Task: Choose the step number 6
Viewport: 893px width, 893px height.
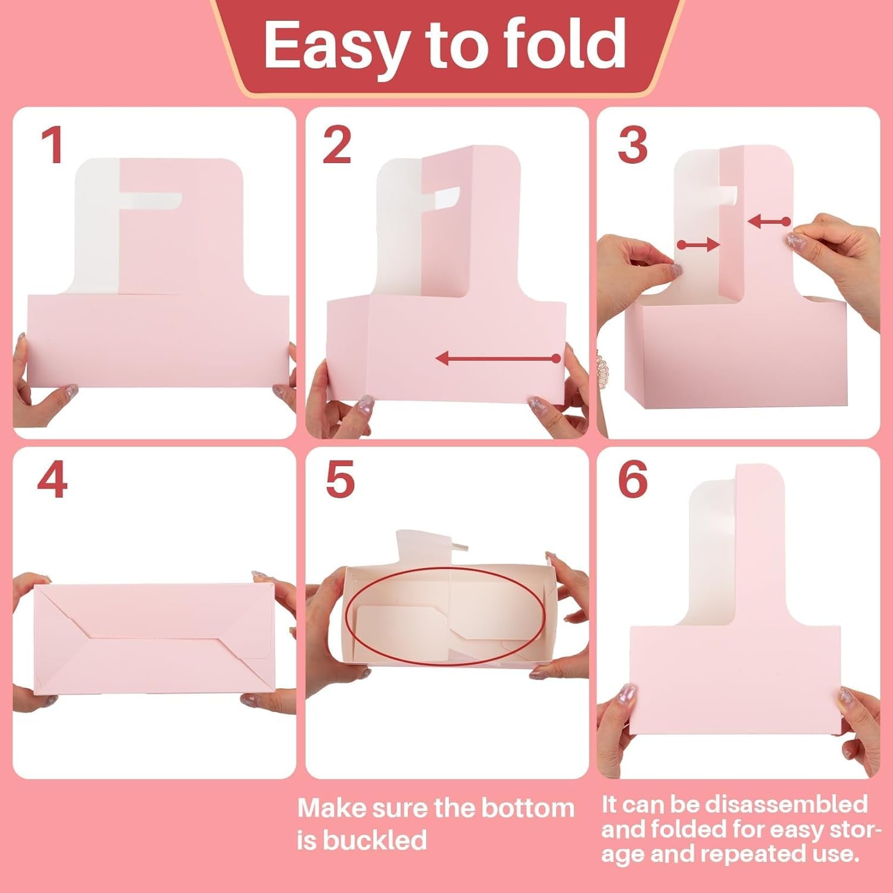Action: (x=632, y=479)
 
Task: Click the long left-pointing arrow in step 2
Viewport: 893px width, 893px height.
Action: (x=498, y=358)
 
